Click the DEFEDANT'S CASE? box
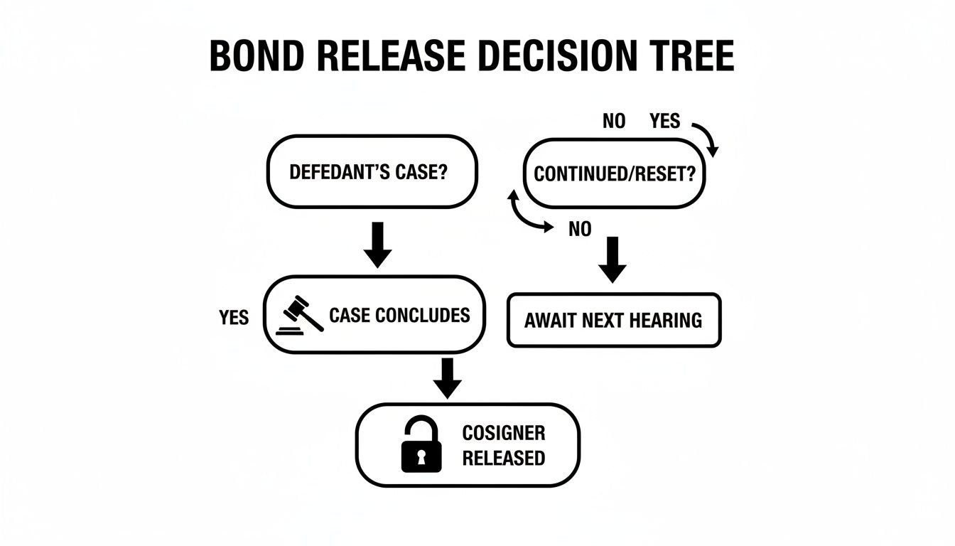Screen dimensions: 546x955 pyautogui.click(x=372, y=172)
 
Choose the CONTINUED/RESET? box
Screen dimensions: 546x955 pyautogui.click(x=614, y=174)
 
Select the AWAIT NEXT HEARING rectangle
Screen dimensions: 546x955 pyautogui.click(x=613, y=320)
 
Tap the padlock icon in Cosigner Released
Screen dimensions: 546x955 pyautogui.click(x=421, y=445)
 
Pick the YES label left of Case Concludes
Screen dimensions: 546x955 pyautogui.click(x=234, y=317)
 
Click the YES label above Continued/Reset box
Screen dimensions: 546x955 pyautogui.click(x=664, y=122)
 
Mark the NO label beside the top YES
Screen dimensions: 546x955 pyautogui.click(x=614, y=122)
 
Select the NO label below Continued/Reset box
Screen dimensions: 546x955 pyautogui.click(x=581, y=230)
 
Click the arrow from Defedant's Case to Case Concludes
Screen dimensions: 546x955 pyautogui.click(x=377, y=245)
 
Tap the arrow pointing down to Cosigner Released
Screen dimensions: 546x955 pyautogui.click(x=447, y=379)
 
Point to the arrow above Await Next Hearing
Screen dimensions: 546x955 pyautogui.click(x=613, y=259)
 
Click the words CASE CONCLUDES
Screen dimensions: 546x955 pyautogui.click(x=399, y=315)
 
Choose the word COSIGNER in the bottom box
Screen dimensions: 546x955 pyautogui.click(x=503, y=432)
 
